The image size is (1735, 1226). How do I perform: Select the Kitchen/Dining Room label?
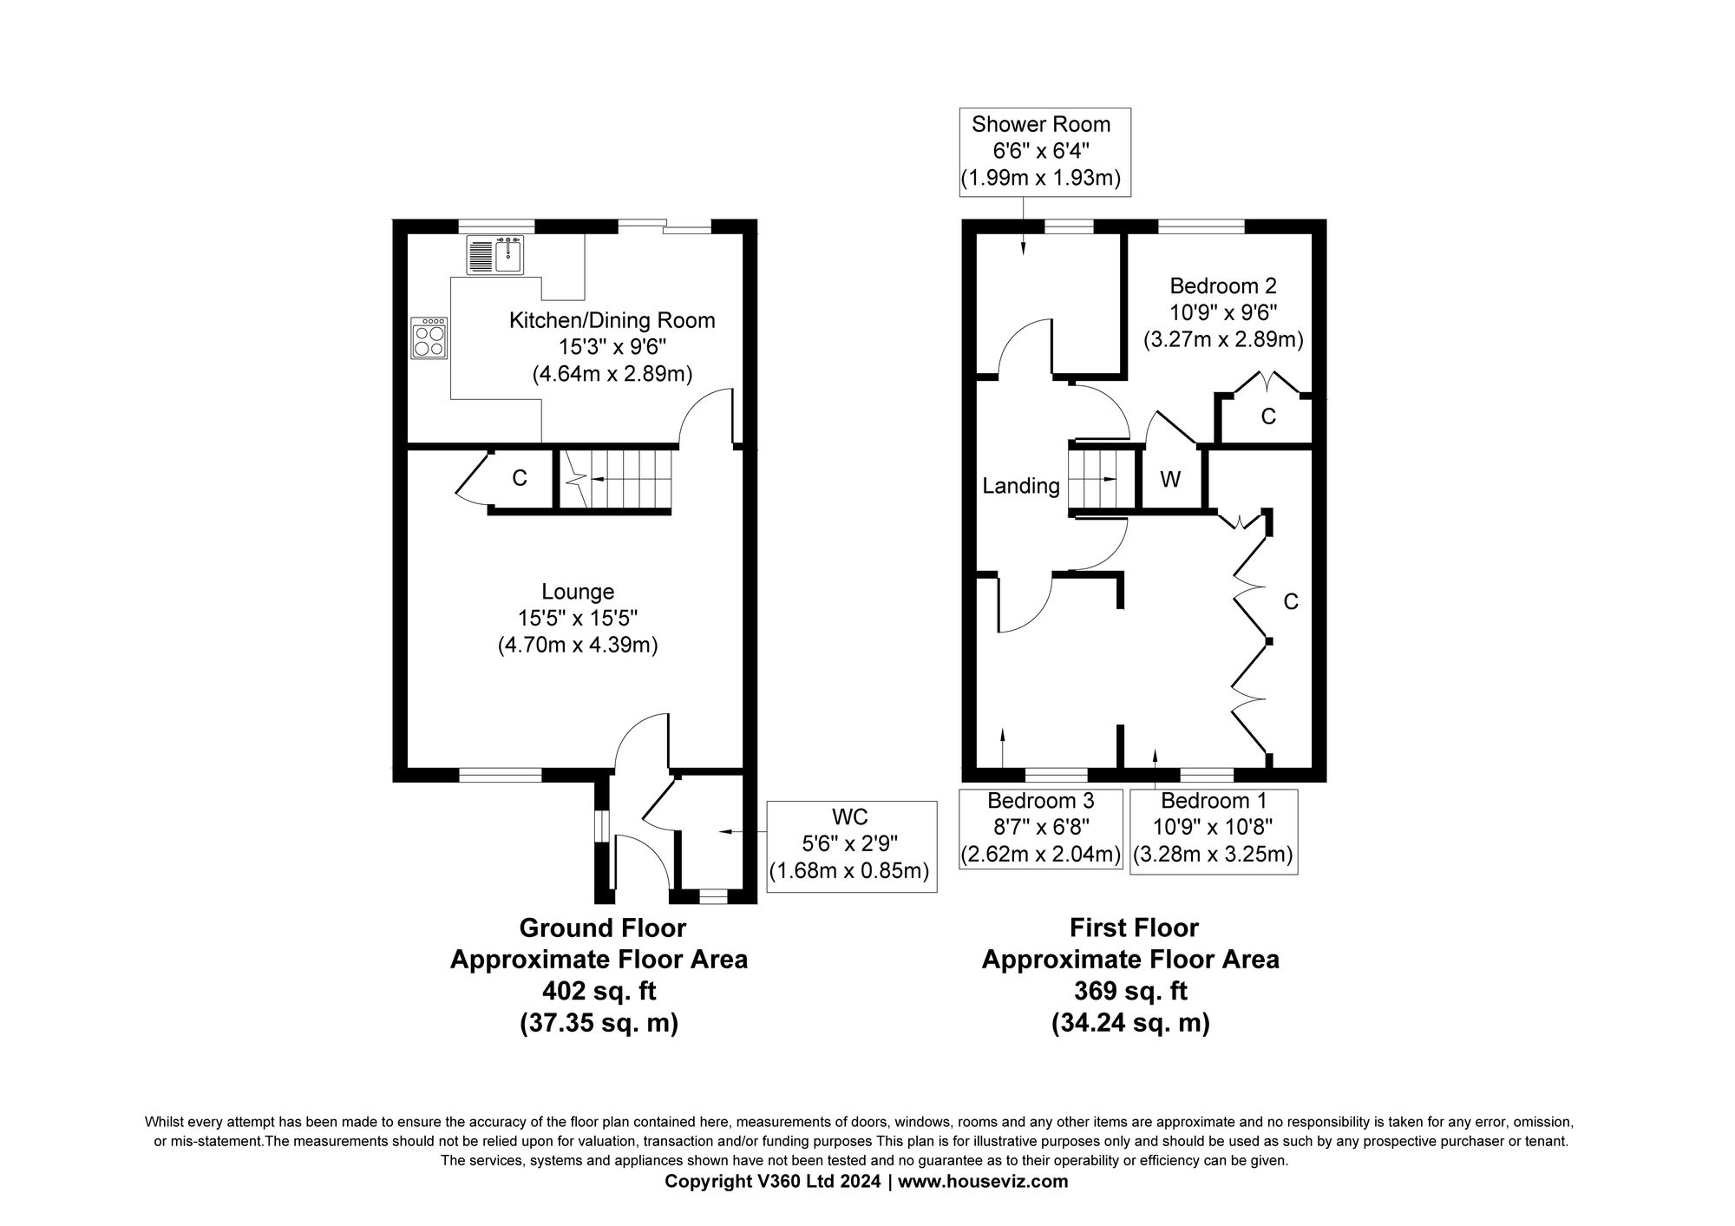coord(612,320)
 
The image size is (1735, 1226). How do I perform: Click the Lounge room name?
coord(578,592)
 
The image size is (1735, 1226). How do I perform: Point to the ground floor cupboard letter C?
coord(520,478)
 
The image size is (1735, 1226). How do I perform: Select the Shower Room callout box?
coord(1041,152)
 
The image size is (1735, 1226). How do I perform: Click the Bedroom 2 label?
coord(1223,286)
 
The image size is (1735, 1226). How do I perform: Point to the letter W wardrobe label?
coord(1170,479)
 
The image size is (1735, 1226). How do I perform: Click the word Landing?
coord(1020,486)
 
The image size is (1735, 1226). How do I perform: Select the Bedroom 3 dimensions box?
coord(1040,828)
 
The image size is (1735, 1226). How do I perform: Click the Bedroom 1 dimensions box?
coord(1214,828)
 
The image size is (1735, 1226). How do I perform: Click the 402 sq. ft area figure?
coord(599,991)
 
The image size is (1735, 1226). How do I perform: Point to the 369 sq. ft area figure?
coord(1130,991)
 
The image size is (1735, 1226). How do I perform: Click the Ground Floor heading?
coord(602,928)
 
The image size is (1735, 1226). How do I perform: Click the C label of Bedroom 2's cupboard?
coord(1268,417)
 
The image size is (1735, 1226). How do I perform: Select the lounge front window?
coord(500,775)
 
